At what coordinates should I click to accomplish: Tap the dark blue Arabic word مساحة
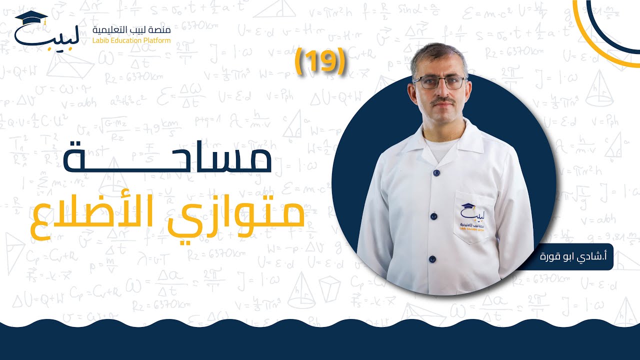point(167,156)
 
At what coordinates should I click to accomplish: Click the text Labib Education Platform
point(132,40)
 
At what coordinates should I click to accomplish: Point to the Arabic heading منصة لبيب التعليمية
point(132,30)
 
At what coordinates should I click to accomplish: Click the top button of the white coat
point(436,172)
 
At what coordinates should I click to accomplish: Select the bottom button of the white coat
point(431,259)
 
